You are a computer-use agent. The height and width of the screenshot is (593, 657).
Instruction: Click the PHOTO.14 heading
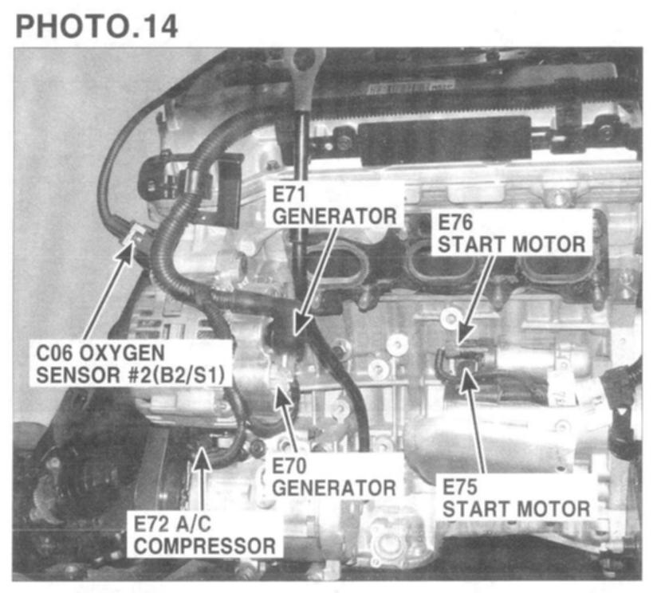[96, 26]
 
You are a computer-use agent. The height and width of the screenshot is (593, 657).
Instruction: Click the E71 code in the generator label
[289, 194]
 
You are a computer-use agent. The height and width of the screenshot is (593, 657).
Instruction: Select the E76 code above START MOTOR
[455, 222]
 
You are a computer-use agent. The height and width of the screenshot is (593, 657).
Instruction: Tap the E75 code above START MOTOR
[460, 487]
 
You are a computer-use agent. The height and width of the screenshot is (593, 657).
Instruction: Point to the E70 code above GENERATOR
[289, 465]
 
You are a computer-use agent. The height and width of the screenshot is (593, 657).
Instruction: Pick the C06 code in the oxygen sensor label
[54, 353]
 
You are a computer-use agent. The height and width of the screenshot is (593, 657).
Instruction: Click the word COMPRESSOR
[205, 546]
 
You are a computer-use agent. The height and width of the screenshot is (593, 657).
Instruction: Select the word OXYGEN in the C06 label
[122, 353]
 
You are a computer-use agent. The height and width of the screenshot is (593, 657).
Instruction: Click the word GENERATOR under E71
[334, 216]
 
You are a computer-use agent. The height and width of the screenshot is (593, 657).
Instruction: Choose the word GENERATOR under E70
[334, 488]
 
